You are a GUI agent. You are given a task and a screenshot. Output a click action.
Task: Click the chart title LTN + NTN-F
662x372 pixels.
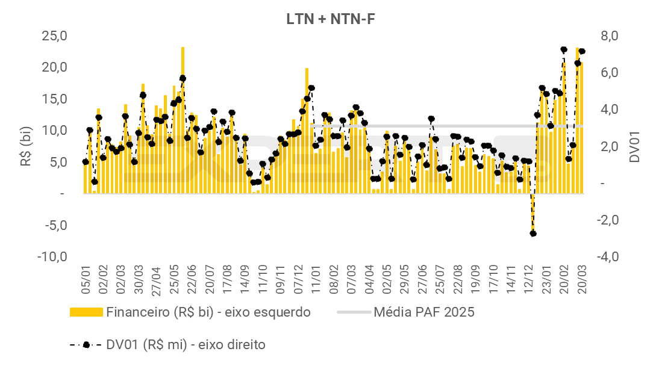[331, 19]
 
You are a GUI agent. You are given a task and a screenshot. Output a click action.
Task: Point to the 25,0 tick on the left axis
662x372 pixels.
[54, 36]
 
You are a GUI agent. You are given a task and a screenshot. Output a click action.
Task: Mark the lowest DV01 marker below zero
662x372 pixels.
[533, 234]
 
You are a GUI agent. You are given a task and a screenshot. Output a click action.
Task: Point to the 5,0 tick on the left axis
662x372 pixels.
[58, 162]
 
